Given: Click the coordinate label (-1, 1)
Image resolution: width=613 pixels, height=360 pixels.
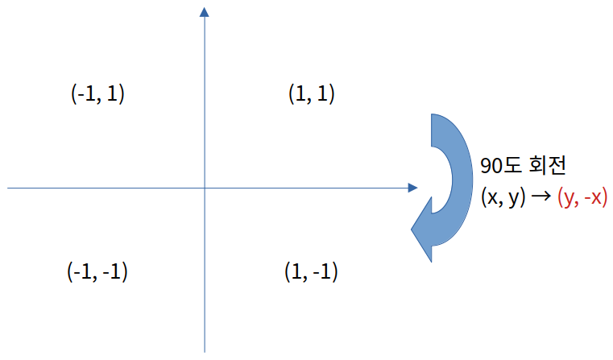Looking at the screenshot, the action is point(97,94).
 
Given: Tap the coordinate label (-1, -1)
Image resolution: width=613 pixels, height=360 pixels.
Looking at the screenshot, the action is point(97,271).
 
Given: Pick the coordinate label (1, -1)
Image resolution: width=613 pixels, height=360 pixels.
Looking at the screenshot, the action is point(311,271).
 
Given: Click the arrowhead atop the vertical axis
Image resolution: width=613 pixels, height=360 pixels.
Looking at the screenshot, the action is point(205,12).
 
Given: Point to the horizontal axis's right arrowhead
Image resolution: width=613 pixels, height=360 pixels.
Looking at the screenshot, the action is point(412,188).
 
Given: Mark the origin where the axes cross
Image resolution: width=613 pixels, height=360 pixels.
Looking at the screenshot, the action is point(205,188).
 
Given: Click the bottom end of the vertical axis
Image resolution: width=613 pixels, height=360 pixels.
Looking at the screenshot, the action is point(205,351).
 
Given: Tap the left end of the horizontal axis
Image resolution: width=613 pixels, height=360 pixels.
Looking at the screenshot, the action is point(8,188).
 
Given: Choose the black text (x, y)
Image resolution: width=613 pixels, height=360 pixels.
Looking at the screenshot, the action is point(501,197).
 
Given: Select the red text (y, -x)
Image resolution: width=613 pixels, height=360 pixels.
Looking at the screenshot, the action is point(582,197).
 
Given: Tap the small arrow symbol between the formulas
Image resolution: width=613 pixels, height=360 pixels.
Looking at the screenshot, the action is point(539,197).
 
